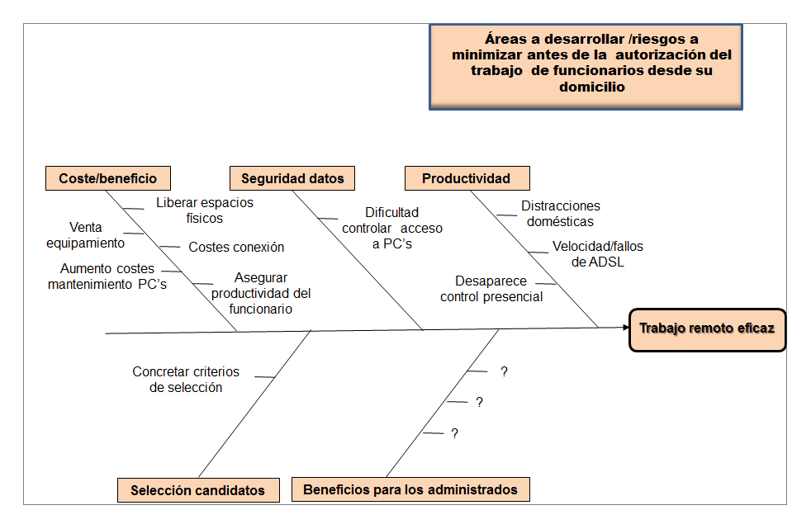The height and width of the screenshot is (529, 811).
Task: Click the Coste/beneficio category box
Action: click(x=108, y=178)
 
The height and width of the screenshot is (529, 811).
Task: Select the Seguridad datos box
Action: click(x=292, y=178)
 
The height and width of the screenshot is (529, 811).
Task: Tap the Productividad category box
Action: click(x=467, y=178)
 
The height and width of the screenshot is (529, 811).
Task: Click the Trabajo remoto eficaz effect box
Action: click(x=706, y=329)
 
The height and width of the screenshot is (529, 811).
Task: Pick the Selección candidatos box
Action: click(x=198, y=489)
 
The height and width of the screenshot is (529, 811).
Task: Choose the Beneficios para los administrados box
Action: click(x=410, y=489)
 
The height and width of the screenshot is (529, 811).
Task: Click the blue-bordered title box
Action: click(x=586, y=66)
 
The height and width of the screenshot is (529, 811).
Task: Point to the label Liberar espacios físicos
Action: click(x=205, y=210)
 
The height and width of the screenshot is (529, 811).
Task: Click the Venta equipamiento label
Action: click(x=85, y=235)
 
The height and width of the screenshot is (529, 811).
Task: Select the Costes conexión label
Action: click(x=236, y=247)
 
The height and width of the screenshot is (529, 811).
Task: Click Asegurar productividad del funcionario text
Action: click(x=261, y=294)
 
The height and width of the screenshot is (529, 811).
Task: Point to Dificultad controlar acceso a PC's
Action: click(x=392, y=228)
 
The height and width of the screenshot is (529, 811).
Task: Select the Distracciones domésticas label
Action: click(x=561, y=214)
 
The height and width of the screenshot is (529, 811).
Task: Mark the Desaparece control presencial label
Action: click(x=491, y=289)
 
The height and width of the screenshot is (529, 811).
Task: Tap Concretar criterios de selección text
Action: click(x=186, y=380)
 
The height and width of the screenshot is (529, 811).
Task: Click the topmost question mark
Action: click(x=504, y=371)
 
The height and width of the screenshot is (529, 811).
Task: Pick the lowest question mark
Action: click(x=454, y=432)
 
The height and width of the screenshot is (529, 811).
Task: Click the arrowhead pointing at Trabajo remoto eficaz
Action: click(x=624, y=328)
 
